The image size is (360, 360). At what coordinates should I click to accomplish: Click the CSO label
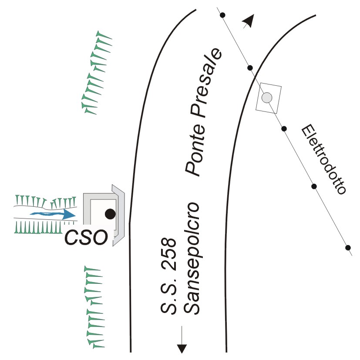85,237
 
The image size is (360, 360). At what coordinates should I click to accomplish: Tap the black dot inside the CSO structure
110,214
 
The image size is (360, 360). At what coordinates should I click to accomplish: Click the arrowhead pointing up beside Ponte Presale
249,20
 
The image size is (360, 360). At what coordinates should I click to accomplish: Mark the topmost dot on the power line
222,16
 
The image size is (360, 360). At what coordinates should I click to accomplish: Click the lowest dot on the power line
348,248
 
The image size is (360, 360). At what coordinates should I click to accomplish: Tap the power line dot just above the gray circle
250,68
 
